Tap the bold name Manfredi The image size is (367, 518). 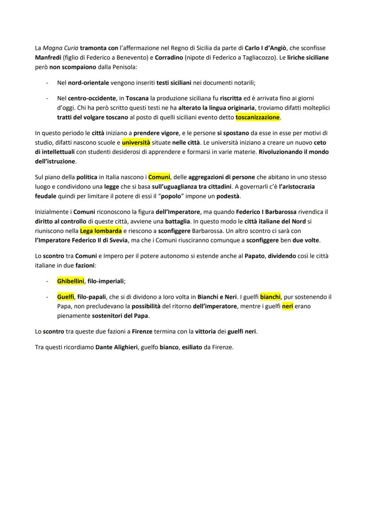click(48, 58)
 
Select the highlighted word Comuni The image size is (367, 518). click(159, 177)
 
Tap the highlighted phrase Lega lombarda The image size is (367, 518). click(101, 230)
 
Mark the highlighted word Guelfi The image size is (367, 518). click(66, 297)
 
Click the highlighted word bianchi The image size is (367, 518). click(270, 297)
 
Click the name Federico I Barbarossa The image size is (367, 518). click(266, 211)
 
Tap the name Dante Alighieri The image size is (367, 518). click(116, 347)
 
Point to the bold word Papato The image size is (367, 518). click(255, 256)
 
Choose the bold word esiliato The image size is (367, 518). click(195, 347)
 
